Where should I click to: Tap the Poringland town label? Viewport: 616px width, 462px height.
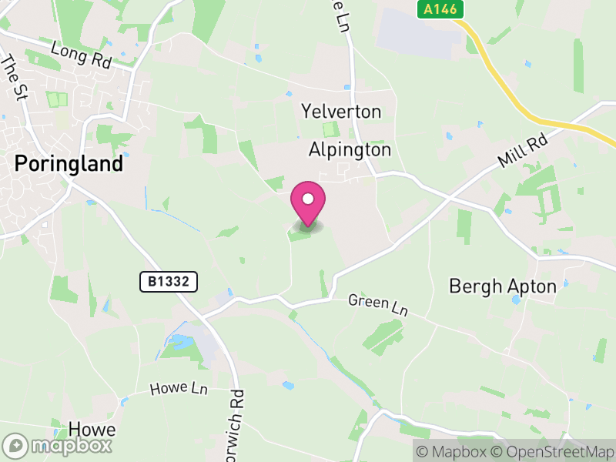coord(69,164)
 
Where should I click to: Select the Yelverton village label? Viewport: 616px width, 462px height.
coord(341,112)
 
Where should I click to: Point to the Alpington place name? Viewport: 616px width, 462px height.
coord(350,149)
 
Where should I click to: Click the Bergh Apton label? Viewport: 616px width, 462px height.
coord(502,286)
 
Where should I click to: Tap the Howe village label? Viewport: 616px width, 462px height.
coord(92,429)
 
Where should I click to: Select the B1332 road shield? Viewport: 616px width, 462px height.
coord(169,282)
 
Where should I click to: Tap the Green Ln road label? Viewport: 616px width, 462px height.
coord(377,304)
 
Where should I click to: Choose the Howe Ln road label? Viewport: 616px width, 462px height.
coord(179,389)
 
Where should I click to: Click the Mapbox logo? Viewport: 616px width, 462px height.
coord(58,445)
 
